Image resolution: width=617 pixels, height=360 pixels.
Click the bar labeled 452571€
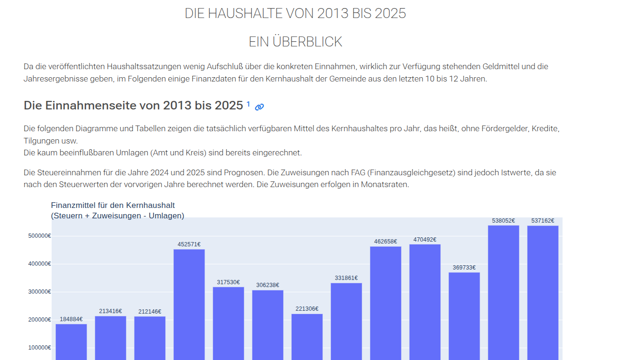189,303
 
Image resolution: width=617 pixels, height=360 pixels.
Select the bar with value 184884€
71,341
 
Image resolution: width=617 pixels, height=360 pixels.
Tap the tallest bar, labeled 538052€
503,291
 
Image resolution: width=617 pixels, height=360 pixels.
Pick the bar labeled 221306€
307,336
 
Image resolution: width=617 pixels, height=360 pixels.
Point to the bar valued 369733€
464,315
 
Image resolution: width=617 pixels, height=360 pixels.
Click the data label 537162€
543,221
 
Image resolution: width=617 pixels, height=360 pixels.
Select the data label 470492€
425,240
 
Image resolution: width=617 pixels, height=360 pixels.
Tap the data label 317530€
228,282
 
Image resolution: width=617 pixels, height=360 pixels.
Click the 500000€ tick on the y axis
39,236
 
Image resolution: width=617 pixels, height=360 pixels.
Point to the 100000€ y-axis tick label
39,348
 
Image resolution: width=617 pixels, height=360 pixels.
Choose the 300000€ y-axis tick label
39,292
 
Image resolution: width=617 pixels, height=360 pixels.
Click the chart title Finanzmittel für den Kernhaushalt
113,205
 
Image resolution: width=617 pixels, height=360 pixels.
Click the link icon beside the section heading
259,107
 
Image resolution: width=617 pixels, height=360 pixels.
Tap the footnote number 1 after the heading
248,104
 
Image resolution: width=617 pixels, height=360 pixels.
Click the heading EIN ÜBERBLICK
295,42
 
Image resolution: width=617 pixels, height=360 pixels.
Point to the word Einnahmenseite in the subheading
90,106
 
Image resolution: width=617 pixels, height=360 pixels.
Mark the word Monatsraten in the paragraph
385,185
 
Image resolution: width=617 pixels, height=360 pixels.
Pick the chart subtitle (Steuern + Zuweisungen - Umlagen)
117,216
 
